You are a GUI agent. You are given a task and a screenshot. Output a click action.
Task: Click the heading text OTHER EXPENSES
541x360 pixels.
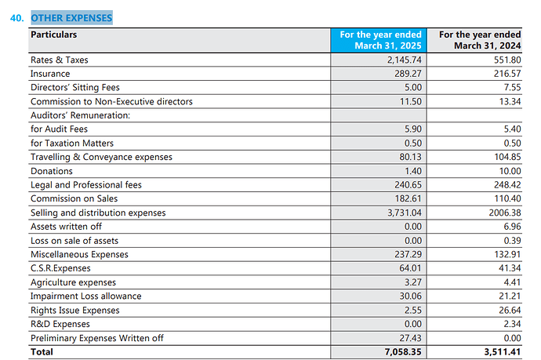click(72, 18)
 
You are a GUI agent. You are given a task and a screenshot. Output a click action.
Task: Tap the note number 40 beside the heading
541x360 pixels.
click(17, 18)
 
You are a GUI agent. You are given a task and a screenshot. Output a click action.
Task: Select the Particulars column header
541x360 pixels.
click(54, 35)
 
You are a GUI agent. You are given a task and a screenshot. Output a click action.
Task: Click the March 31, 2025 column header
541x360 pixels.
click(380, 40)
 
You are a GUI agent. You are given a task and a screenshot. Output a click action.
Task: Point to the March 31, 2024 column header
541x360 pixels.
click(480, 40)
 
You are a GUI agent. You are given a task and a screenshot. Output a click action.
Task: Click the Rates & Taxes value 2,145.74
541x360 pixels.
click(405, 60)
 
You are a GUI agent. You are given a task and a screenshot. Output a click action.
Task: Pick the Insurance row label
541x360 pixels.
click(50, 74)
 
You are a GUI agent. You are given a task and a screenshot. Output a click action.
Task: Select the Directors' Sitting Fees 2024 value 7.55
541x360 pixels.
click(512, 88)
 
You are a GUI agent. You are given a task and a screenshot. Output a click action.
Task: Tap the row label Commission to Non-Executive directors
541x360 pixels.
click(111, 101)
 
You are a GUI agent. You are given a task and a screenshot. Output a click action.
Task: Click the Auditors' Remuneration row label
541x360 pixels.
click(81, 115)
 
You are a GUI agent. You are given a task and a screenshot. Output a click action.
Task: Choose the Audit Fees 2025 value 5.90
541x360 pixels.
click(413, 129)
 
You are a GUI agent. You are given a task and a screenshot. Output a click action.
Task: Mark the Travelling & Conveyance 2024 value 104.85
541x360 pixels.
click(507, 157)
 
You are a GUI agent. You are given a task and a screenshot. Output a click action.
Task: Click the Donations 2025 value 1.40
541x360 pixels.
click(413, 171)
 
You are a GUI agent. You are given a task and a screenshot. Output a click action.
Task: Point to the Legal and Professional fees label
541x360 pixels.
click(86, 185)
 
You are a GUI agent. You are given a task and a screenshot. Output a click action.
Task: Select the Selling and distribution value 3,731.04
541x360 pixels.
click(405, 213)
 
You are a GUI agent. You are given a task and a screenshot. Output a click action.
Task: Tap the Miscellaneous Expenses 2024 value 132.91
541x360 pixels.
click(507, 254)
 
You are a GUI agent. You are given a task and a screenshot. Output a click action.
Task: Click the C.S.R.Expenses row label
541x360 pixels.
click(60, 268)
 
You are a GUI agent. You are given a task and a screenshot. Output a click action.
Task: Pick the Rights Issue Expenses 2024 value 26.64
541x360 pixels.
click(510, 311)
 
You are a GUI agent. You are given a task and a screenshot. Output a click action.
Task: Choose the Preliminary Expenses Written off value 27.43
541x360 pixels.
click(411, 338)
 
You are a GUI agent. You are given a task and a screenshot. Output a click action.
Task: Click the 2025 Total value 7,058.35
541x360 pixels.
click(403, 352)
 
